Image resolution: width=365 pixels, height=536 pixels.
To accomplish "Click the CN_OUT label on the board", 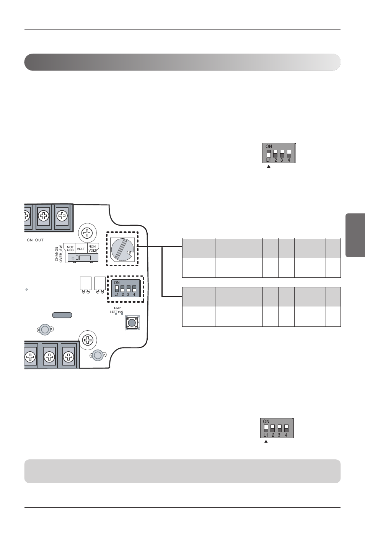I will coord(35,240).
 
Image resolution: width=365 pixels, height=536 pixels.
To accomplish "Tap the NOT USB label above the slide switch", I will coord(70,249).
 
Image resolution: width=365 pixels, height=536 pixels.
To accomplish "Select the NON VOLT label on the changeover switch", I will coord(92,248).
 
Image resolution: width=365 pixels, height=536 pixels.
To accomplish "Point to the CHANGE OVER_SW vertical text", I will coord(59,253).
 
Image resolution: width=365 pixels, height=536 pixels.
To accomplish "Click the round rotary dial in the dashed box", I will coord(122,248).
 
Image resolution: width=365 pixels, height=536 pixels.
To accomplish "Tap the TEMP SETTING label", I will coord(116,310).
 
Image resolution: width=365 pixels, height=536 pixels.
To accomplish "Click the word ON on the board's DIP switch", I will coord(117,283).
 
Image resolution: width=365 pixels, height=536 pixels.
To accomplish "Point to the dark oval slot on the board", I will coord(62,315).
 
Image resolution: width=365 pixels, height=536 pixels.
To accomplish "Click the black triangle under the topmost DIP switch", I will coord(269,167).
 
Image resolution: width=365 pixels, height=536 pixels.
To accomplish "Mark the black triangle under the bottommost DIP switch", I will coord(266,441).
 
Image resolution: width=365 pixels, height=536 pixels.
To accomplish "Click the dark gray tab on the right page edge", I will coord(355,235).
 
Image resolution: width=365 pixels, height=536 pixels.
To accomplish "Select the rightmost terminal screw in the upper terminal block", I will coord(62,216).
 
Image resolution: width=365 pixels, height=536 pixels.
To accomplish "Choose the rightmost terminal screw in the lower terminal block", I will coord(68,357).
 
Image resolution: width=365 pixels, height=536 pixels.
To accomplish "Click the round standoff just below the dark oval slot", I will coord(45,329).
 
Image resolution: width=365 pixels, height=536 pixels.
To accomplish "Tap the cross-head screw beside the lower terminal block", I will coord(88,340).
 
